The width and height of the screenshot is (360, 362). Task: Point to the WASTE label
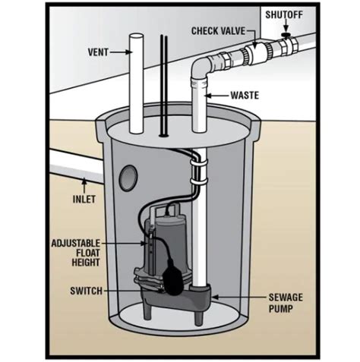click(244, 97)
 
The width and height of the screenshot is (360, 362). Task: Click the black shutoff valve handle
click(286, 35)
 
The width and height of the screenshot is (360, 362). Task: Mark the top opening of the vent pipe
click(136, 35)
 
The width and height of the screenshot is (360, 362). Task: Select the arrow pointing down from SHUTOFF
click(286, 26)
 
